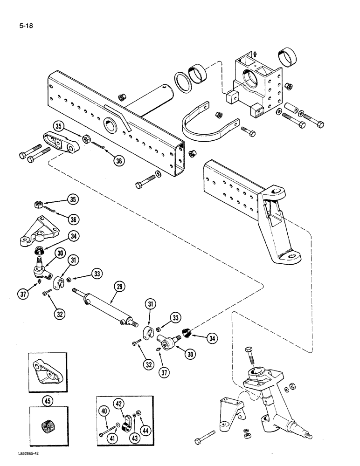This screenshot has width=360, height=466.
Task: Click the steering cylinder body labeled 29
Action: (x=105, y=310)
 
